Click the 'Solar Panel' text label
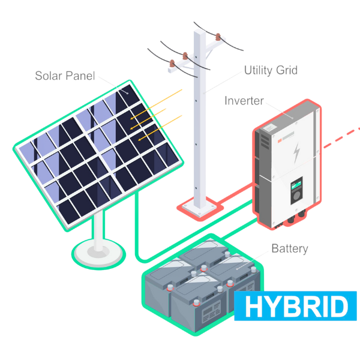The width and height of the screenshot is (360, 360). [x=65, y=76]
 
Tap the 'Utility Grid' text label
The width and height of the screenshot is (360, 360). [x=271, y=71]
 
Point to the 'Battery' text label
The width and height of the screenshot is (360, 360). [x=289, y=248]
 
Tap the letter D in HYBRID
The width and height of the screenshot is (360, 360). [x=337, y=307]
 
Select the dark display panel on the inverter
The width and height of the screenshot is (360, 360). [x=296, y=191]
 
